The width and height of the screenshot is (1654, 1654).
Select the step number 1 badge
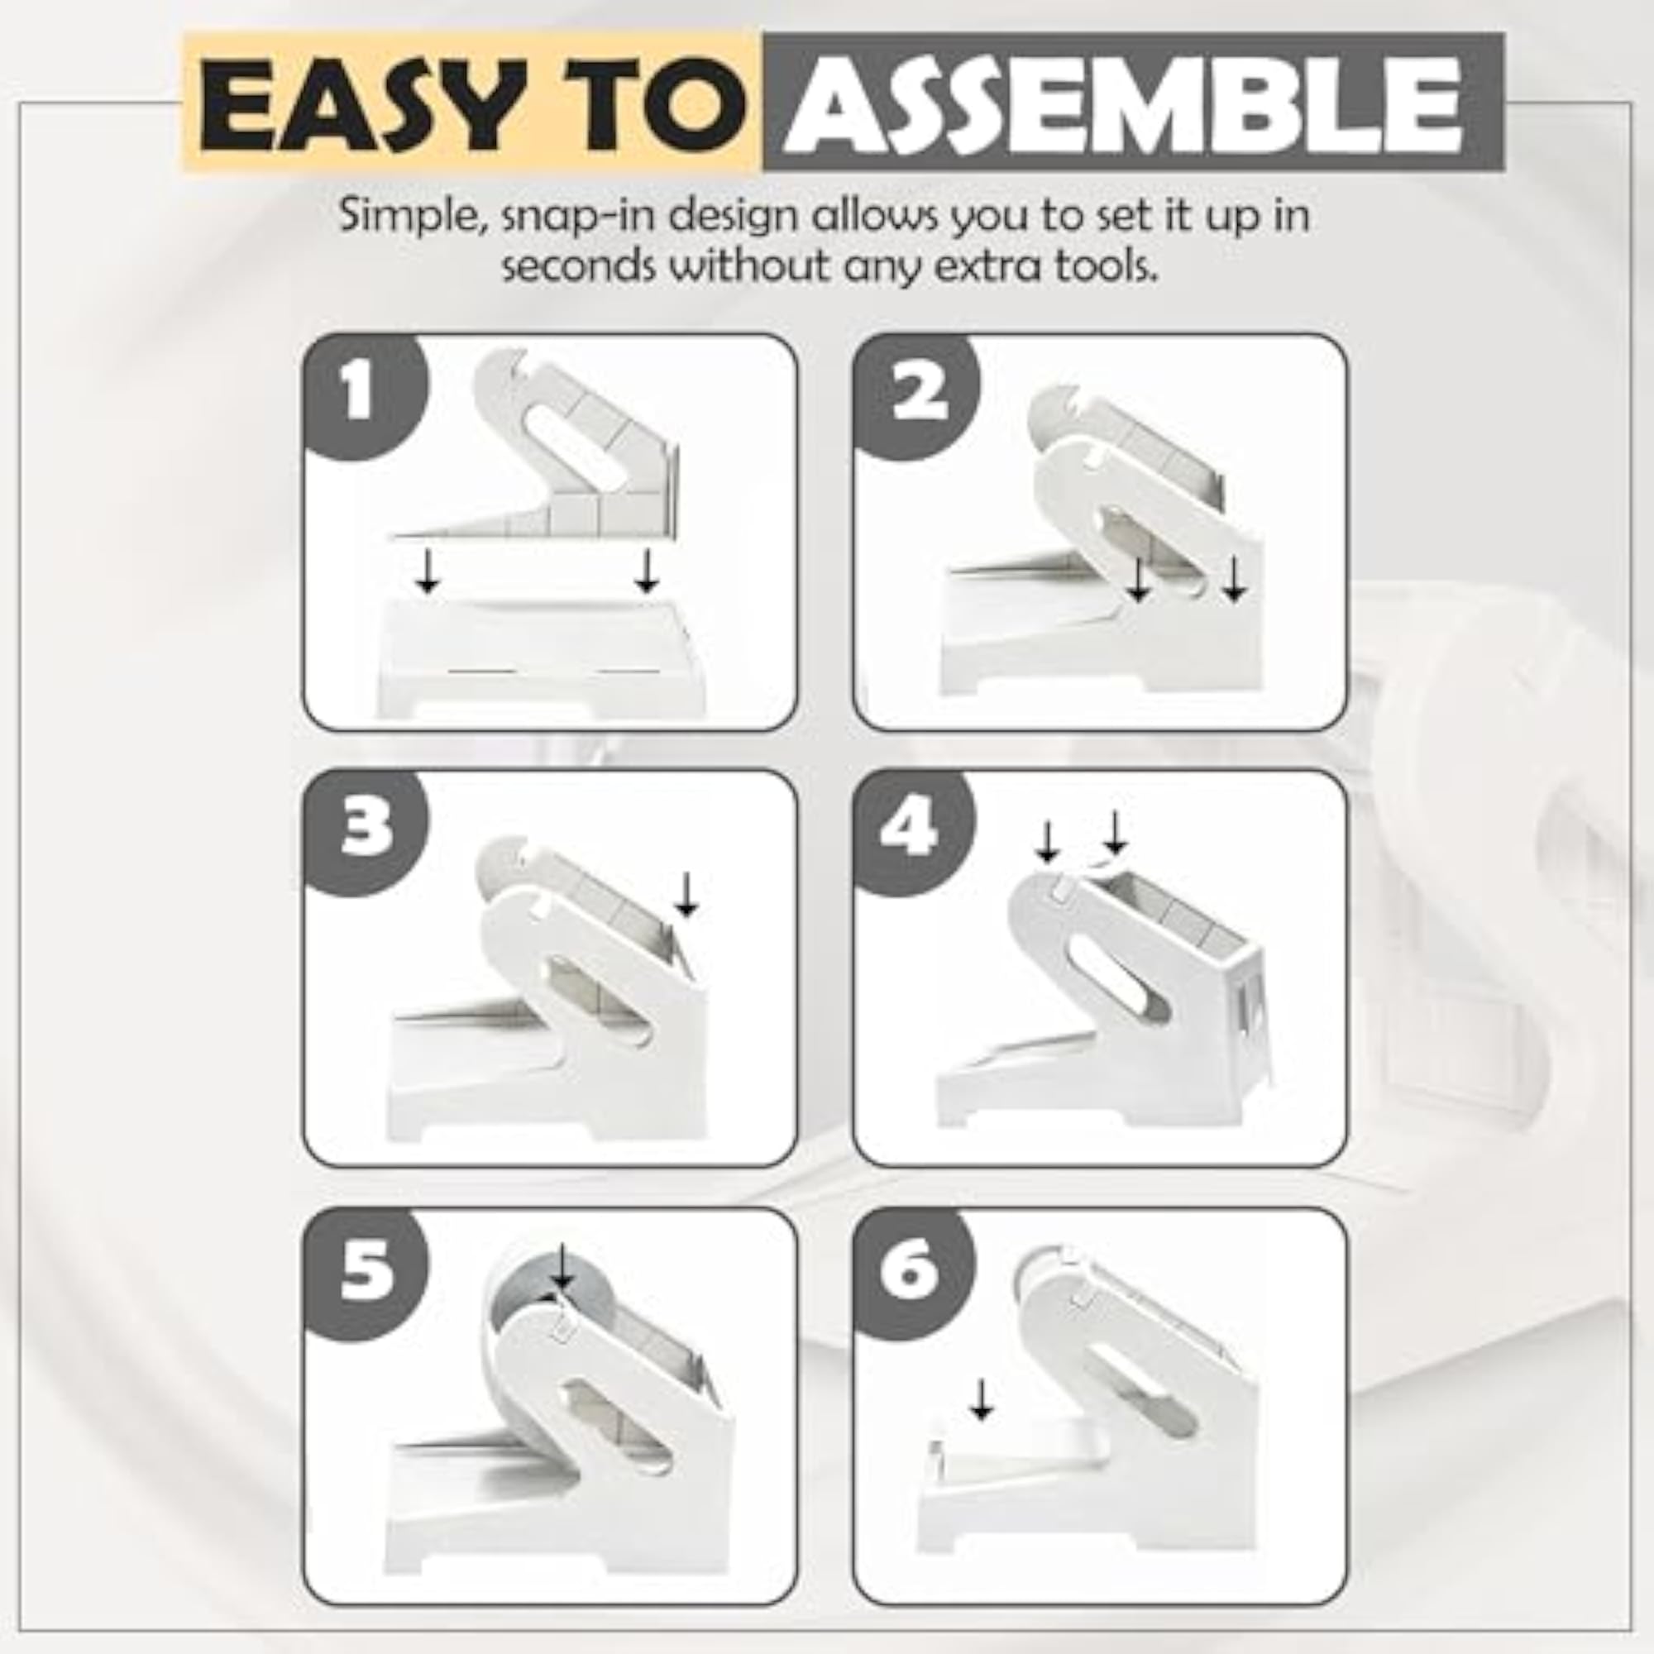coord(360,390)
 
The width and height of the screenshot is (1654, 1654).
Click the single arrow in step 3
coord(686,896)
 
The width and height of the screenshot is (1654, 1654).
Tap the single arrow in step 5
coord(562,1268)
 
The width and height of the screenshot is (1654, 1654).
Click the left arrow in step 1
coord(427,571)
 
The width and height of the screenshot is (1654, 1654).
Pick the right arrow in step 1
coord(647,571)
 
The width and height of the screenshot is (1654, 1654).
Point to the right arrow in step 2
coord(1234,580)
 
